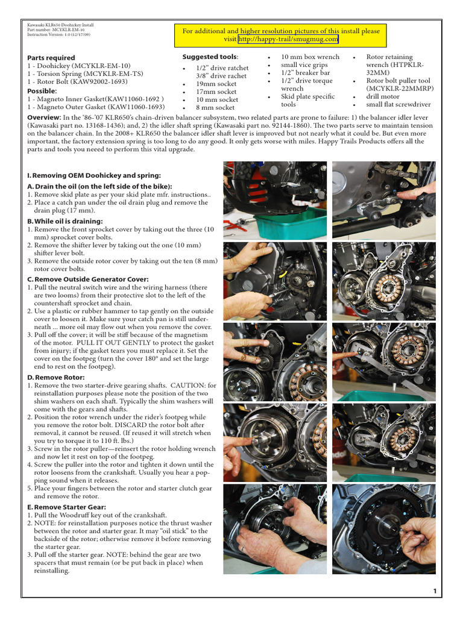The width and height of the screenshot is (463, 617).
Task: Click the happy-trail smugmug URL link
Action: click(288, 39)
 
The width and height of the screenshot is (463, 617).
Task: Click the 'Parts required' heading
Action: click(51, 57)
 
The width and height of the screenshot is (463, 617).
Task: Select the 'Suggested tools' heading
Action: click(210, 57)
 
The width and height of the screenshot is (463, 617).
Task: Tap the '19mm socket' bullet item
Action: click(216, 84)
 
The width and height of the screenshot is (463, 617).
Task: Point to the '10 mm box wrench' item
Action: click(310, 57)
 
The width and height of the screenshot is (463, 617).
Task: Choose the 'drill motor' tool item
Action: click(383, 96)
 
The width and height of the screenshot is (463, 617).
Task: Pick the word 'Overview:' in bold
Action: click(44, 117)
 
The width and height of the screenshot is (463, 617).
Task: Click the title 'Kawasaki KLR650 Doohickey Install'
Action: click(60, 25)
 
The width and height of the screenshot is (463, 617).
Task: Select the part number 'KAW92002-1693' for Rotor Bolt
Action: click(106, 81)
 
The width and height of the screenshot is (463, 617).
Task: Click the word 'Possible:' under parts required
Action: click(43, 91)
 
